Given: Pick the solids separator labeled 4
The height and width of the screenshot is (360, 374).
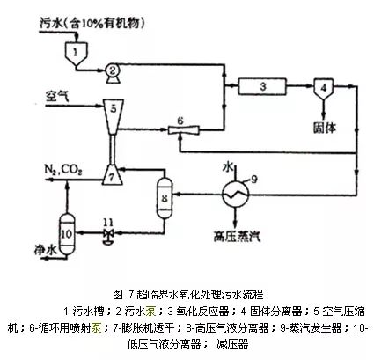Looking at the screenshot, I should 322,88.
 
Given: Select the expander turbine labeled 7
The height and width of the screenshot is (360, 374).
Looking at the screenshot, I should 113,173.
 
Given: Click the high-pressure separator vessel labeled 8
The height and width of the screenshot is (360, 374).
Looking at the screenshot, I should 165,195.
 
